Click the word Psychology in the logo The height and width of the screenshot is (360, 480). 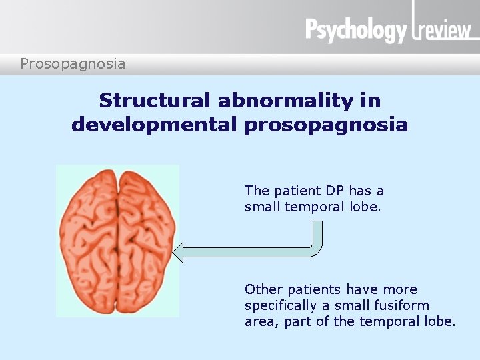pos(356,31)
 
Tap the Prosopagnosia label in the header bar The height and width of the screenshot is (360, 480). pos(73,64)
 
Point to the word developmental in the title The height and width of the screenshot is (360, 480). pos(154,125)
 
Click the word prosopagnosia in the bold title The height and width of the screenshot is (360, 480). pos(326,125)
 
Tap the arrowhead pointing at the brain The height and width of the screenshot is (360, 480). pos(177,252)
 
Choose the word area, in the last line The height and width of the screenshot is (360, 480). pos(261,321)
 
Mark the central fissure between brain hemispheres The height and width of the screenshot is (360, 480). pos(118,240)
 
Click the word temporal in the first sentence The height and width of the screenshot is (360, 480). pos(313,207)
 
